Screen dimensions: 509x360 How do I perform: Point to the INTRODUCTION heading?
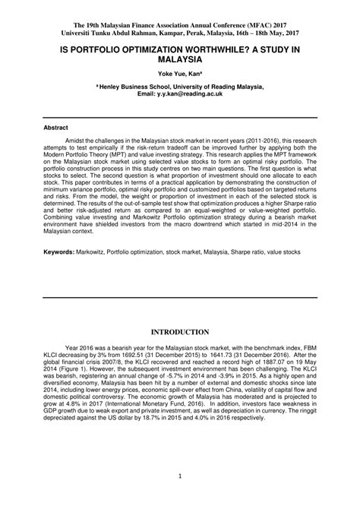point(179,332)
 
